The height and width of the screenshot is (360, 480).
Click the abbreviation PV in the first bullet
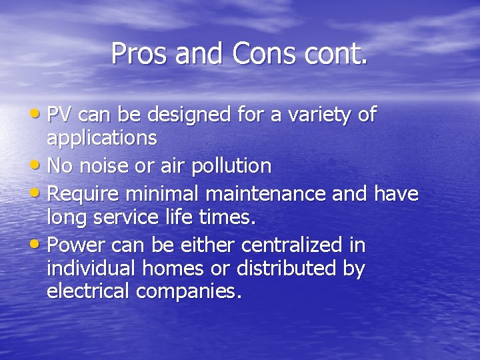pos(60,115)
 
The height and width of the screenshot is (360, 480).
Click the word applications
pos(102,139)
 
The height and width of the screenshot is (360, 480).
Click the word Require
pos(85,193)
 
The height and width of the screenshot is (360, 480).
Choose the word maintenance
pos(286,193)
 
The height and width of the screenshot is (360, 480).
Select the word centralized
pos(286,245)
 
